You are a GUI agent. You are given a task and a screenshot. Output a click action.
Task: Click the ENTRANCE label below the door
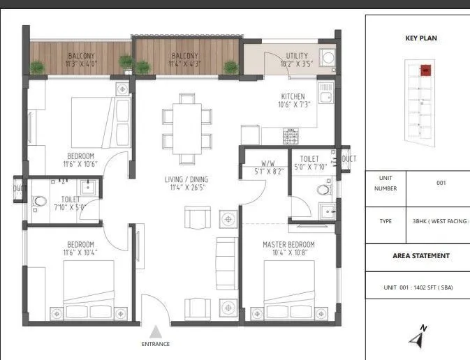point(156,343)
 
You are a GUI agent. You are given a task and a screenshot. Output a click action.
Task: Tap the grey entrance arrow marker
point(156,331)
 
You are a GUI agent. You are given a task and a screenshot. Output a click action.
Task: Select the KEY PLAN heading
point(421,38)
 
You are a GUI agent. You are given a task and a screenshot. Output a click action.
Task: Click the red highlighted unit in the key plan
point(424,69)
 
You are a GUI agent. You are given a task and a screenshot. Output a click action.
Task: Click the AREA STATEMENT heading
point(420,256)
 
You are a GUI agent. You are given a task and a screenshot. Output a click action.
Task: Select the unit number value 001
point(441,183)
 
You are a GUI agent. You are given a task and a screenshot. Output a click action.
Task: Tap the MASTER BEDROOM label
point(288,245)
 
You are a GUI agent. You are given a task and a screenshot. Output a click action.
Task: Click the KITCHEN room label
point(293,96)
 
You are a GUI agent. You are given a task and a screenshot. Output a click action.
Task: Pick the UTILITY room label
point(297,56)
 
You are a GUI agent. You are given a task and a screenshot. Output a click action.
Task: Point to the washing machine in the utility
point(327,57)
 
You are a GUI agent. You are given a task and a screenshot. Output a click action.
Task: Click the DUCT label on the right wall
point(348,159)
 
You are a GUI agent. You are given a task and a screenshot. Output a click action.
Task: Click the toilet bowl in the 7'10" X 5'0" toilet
point(38,201)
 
